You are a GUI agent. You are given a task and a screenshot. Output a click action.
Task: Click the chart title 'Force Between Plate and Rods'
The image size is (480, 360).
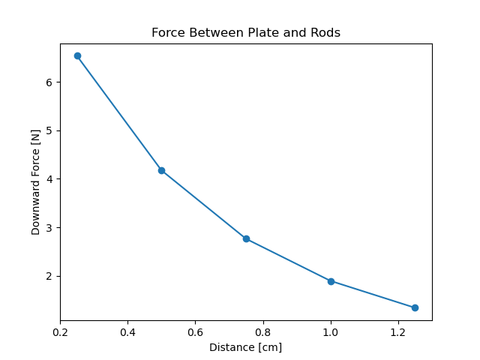tap(246, 33)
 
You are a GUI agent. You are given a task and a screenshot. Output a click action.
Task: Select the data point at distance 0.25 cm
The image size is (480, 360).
tap(77, 55)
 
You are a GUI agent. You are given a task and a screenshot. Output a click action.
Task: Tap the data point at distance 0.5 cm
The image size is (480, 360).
tap(161, 170)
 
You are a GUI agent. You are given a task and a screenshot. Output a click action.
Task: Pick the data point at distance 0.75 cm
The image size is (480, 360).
tap(246, 238)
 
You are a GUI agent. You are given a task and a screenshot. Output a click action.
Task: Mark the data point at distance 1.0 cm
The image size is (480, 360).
tap(331, 281)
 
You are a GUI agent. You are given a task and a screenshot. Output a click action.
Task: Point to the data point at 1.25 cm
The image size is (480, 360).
tap(415, 307)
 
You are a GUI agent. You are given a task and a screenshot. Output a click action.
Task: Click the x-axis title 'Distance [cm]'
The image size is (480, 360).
tap(246, 347)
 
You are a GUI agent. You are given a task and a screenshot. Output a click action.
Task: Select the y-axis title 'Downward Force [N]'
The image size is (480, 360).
tap(36, 182)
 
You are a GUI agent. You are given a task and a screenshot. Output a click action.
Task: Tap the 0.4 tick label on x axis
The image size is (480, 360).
tap(127, 331)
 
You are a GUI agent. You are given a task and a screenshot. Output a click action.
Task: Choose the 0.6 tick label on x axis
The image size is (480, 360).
tap(195, 331)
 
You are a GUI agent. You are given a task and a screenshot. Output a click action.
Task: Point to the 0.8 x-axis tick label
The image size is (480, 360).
tap(262, 331)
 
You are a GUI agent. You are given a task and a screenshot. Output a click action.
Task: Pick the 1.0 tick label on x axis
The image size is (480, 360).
tap(331, 331)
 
